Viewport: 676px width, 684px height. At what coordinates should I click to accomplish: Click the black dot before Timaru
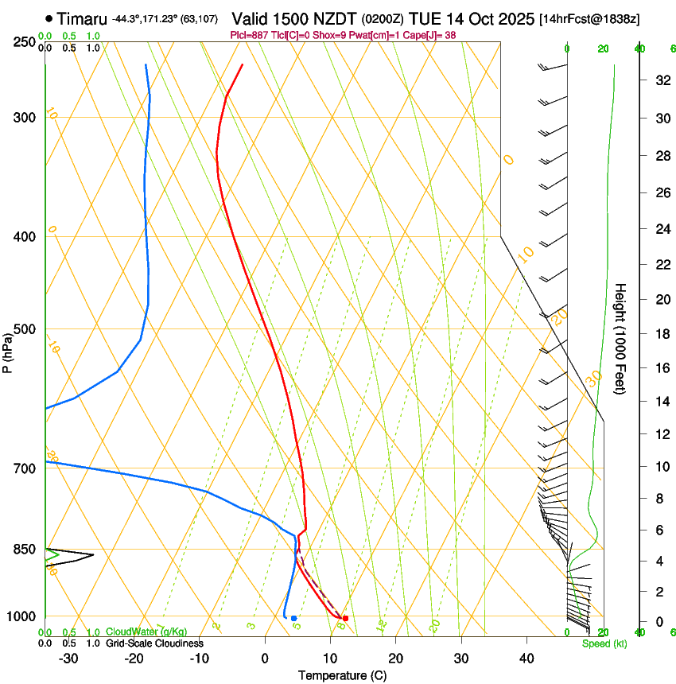click(49, 17)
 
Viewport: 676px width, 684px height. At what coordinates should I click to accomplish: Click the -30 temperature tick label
click(68, 659)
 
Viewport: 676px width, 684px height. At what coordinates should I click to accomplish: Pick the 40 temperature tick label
click(526, 659)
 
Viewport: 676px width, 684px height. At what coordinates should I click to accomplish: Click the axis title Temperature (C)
click(342, 675)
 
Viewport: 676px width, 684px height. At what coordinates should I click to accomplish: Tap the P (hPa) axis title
click(8, 351)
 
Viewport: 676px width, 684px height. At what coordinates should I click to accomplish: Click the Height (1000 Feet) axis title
click(620, 339)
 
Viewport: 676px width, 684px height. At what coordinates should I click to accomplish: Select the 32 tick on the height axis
click(661, 80)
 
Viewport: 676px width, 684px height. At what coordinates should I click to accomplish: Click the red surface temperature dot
click(345, 618)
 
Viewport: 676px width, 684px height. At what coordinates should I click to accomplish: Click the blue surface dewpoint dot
click(293, 618)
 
